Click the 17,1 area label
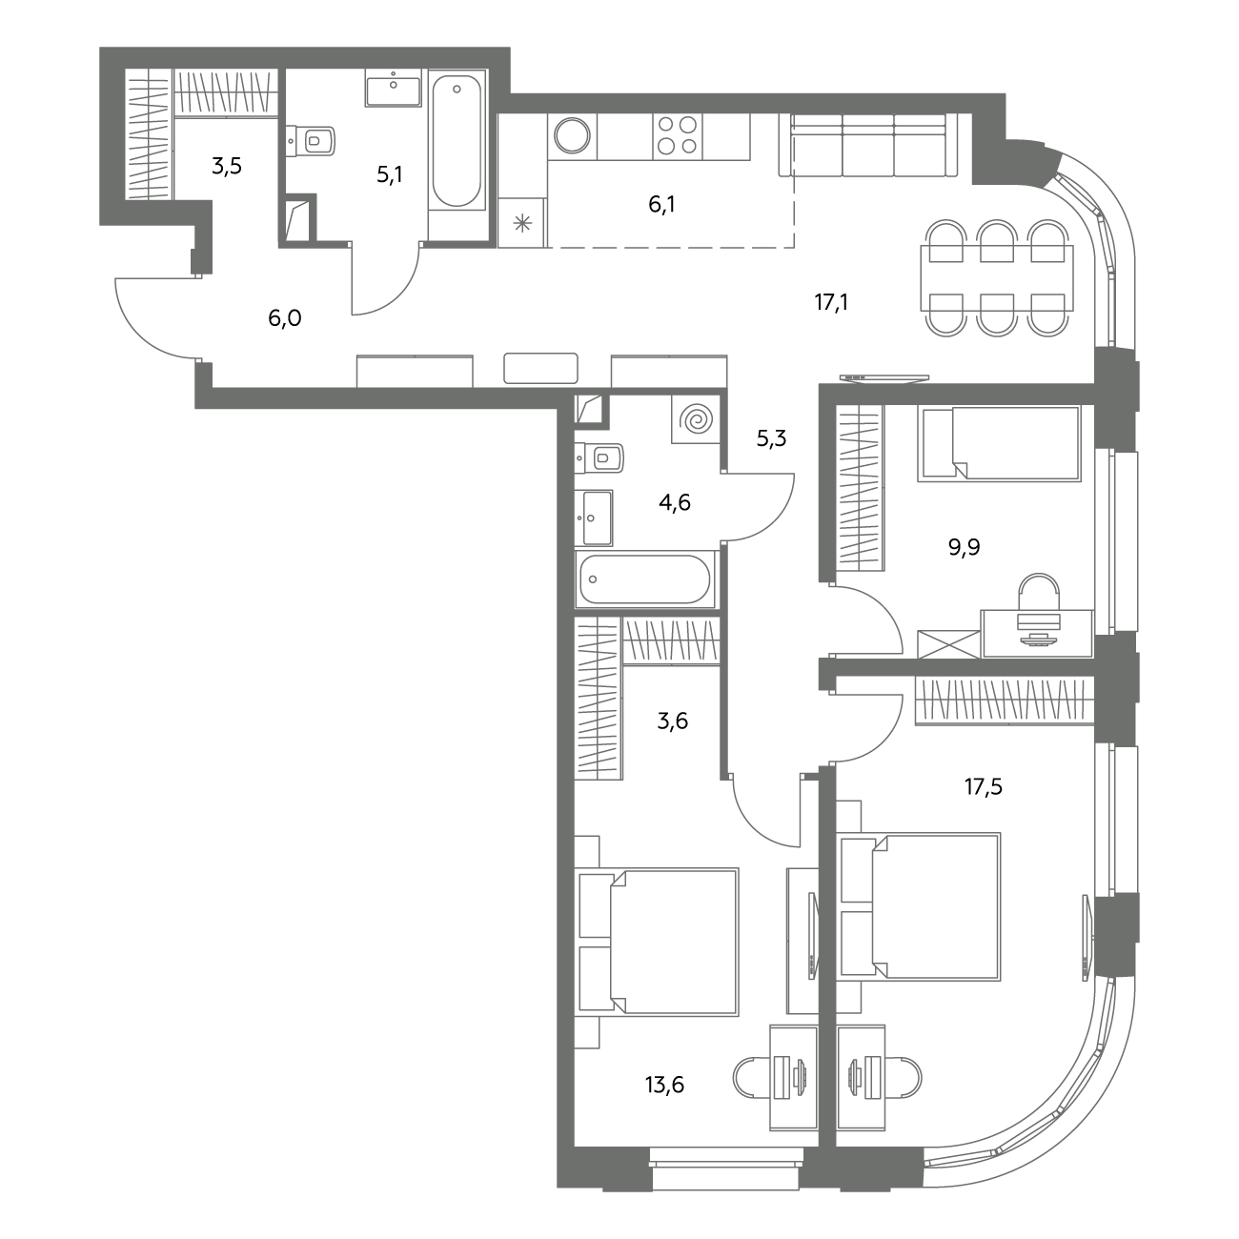[831, 301]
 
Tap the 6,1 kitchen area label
[661, 205]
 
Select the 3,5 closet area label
[226, 166]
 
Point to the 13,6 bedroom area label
[665, 1085]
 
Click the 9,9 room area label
[965, 547]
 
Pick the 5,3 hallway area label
[772, 438]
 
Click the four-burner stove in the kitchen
[678, 135]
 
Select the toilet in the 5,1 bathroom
[311, 140]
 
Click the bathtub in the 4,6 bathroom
[645, 579]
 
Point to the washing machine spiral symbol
[697, 420]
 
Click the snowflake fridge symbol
[522, 224]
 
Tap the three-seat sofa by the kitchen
[868, 146]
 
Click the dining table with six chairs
[997, 277]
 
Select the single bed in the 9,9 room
[999, 443]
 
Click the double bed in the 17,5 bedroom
[920, 907]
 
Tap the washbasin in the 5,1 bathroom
[393, 88]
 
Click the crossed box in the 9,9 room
[948, 644]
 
